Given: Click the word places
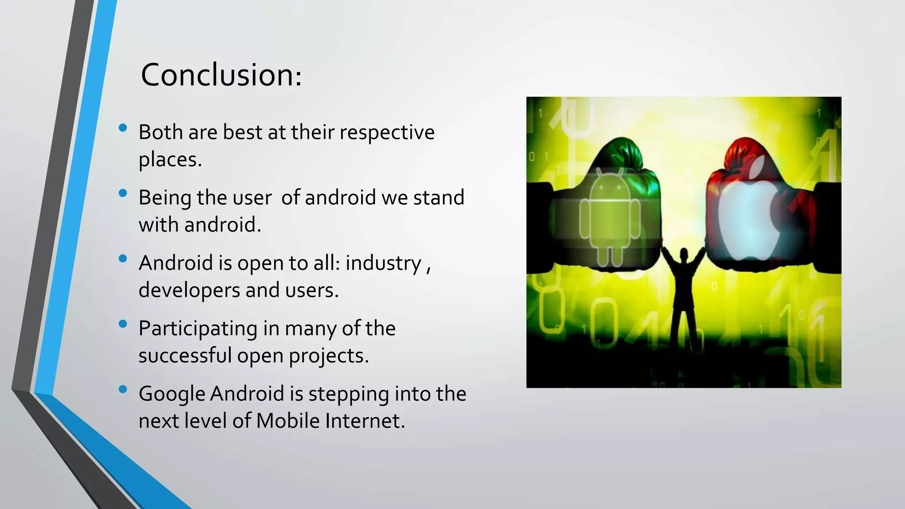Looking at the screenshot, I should [x=170, y=160].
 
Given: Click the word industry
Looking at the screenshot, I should [x=383, y=264].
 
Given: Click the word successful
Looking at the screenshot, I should [x=185, y=356].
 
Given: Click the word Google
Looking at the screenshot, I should [x=171, y=395].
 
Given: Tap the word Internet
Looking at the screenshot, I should [x=365, y=421].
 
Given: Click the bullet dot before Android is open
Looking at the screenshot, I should [x=123, y=258].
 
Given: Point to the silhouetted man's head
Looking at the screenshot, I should [x=684, y=254].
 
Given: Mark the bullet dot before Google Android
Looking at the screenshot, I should [x=123, y=389].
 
